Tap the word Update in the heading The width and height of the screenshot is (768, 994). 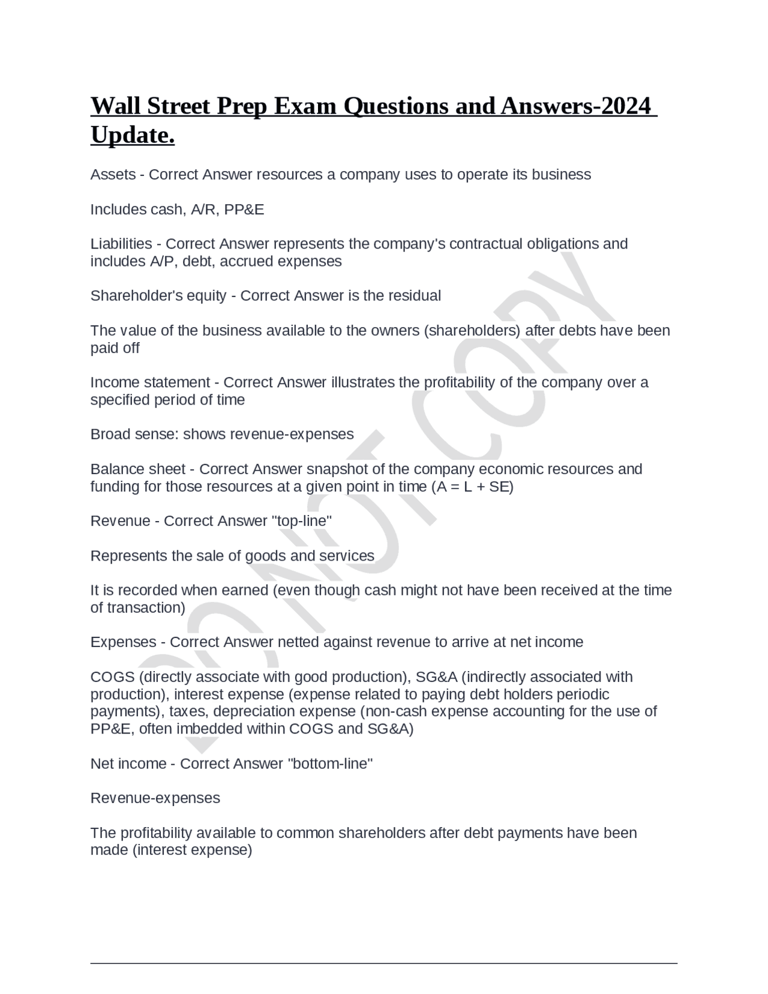[131, 135]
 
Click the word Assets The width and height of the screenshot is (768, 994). [113, 175]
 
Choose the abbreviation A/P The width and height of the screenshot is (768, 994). [159, 262]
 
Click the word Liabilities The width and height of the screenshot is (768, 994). [121, 244]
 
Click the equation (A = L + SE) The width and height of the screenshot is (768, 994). [473, 486]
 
